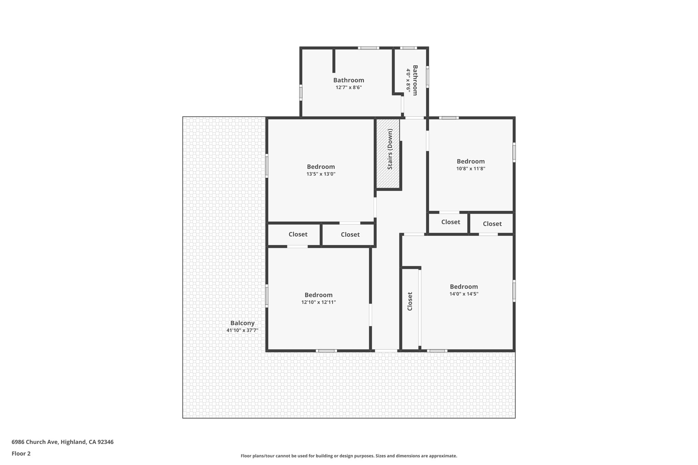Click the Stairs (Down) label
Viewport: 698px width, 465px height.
pos(390,149)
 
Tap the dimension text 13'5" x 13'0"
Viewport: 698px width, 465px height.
pos(321,174)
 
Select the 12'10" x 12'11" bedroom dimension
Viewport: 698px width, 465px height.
pos(318,302)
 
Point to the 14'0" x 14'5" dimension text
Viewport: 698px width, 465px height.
pos(464,294)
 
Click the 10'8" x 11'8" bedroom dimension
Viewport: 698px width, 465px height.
pos(471,169)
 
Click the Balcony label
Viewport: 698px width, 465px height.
pos(242,323)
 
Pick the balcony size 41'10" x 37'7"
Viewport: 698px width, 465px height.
pos(242,330)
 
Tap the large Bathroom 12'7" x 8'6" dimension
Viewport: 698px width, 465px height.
pos(348,88)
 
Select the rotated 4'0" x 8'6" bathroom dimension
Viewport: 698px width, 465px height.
pos(408,80)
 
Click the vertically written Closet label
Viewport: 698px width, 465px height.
pos(410,301)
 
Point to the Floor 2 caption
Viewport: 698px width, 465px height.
pos(21,453)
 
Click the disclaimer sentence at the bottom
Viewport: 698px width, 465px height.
pos(349,456)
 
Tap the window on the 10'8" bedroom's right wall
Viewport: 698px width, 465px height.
pos(514,152)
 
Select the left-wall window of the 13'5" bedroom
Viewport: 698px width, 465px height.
pos(267,166)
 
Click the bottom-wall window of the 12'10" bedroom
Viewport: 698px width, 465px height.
pos(326,351)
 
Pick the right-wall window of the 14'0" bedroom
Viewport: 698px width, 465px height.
pos(514,291)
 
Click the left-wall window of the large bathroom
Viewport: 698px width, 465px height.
pos(301,92)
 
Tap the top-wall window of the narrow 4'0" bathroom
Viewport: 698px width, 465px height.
pos(408,48)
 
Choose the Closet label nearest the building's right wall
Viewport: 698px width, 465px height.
pos(492,224)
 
